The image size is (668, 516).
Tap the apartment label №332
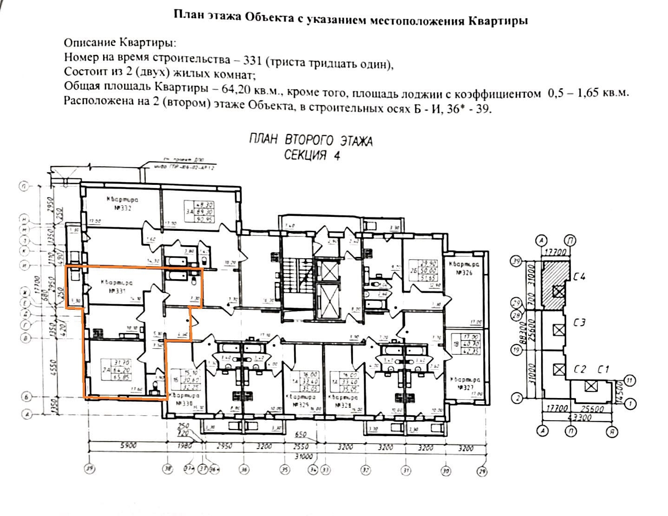click(x=122, y=204)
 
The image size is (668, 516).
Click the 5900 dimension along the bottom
click(x=128, y=445)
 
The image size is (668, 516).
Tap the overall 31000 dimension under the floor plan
click(x=304, y=456)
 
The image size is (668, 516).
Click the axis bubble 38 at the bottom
click(x=168, y=470)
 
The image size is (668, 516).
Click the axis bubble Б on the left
click(x=26, y=397)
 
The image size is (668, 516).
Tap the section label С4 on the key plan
click(x=579, y=277)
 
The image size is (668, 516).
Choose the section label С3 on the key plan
click(x=579, y=322)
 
